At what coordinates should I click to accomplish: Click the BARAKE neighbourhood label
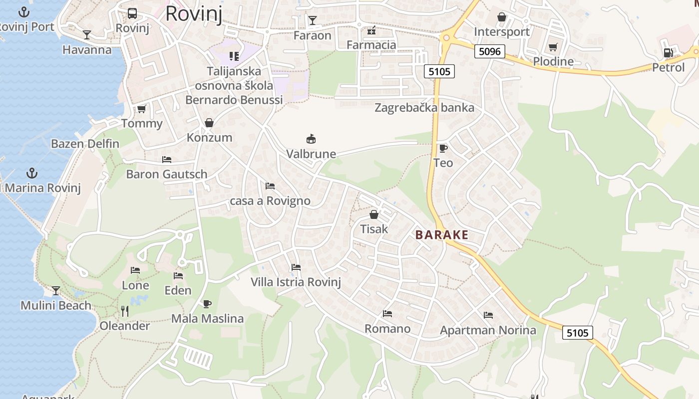[442, 235]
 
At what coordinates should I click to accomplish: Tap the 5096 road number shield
[490, 51]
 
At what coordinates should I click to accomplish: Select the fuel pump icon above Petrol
[668, 52]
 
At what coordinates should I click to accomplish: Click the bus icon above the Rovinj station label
[132, 13]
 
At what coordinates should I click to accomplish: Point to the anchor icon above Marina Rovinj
[32, 173]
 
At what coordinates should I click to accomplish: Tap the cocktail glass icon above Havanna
[87, 34]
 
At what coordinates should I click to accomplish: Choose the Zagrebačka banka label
[424, 108]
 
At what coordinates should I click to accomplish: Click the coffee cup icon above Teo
[443, 148]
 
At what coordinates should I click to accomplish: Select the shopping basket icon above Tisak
[373, 215]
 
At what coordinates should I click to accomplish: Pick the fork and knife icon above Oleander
[125, 311]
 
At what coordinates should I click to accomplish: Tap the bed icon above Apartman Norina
[488, 315]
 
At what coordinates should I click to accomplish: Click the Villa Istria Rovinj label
[296, 282]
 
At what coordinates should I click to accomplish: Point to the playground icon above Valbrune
[311, 139]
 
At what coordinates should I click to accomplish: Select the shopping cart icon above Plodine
[553, 47]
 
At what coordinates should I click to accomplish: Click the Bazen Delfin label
[85, 144]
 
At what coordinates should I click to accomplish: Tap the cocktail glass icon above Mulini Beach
[56, 291]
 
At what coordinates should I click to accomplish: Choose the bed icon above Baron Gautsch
[167, 160]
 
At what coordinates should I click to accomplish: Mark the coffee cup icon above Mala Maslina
[207, 304]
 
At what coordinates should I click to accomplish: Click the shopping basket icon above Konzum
[209, 123]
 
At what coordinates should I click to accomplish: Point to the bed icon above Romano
[387, 314]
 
